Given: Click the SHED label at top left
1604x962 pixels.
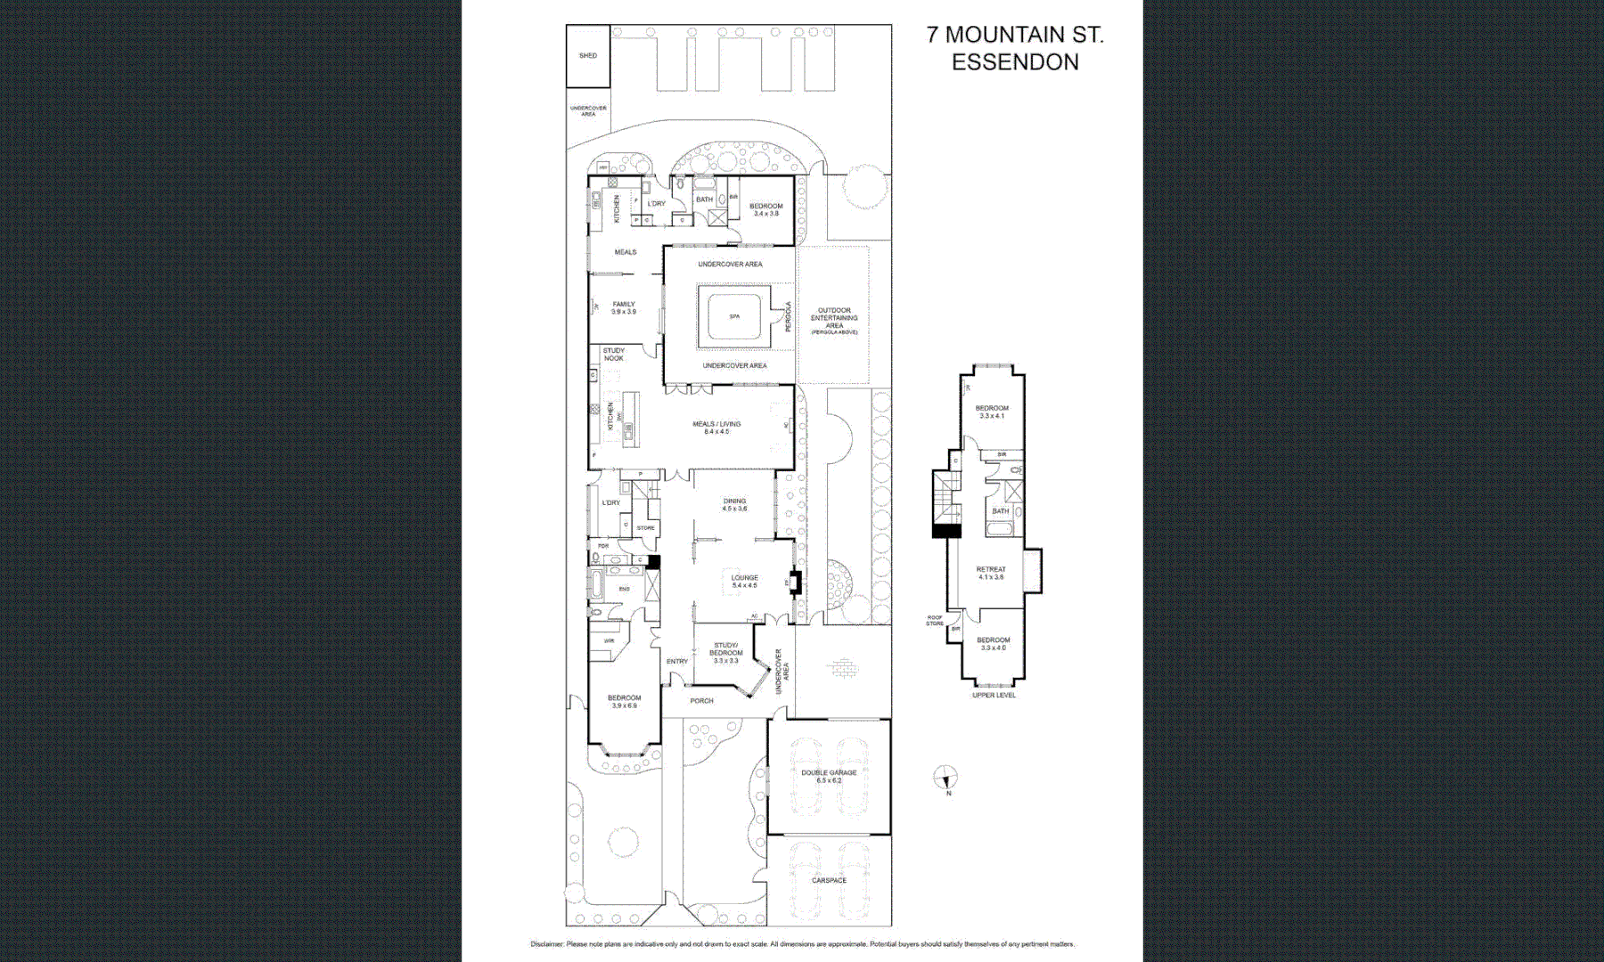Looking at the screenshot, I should [x=588, y=55].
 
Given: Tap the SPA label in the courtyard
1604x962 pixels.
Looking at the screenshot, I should [x=734, y=316].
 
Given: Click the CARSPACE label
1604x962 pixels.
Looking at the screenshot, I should [x=829, y=880].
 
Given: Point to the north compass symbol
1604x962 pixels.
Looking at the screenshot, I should [x=945, y=778].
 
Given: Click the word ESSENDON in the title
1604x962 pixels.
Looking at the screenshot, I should [x=1015, y=62].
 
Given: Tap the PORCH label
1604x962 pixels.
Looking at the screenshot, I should [x=701, y=701].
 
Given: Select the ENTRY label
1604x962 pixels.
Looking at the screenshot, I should [x=677, y=661].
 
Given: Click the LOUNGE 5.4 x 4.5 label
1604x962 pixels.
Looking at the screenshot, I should [x=744, y=582].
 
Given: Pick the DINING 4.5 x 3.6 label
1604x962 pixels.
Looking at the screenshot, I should [x=734, y=504].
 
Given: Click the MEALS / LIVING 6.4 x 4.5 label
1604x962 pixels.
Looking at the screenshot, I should [x=716, y=428].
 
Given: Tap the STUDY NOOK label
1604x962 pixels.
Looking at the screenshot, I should [x=613, y=355].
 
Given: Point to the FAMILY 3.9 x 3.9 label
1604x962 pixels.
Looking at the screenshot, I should [x=624, y=307].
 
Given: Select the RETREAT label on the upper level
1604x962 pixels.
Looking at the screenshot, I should [x=991, y=573].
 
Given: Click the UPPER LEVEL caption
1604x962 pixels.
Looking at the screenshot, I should [x=994, y=695].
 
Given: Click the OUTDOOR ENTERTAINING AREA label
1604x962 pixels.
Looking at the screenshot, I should [x=834, y=320].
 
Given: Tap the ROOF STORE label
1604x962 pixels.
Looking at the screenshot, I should [x=934, y=620].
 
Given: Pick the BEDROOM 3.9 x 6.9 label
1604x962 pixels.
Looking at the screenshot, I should [x=624, y=702].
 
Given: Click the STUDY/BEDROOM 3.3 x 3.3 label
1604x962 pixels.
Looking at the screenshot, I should [x=725, y=653].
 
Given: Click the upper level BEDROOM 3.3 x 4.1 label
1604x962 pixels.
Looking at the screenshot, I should [x=992, y=412].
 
